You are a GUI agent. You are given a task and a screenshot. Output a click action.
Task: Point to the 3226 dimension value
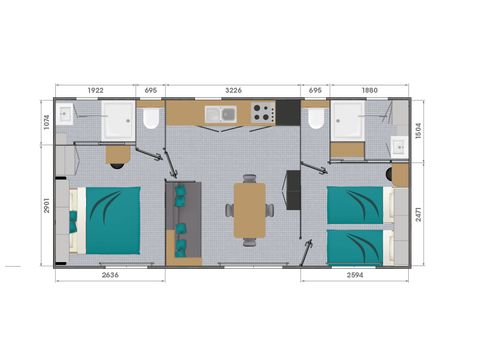[233, 90]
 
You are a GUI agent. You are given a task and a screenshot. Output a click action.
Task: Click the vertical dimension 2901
[45, 206]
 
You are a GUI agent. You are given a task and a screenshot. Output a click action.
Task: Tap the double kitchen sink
[220, 113]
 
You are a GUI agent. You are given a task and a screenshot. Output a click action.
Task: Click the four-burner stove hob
[262, 113]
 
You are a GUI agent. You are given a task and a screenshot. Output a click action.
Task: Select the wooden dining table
[250, 209]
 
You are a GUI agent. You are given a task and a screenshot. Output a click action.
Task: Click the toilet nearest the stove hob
[316, 120]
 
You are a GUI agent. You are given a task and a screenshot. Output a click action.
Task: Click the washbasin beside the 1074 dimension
[63, 115]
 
